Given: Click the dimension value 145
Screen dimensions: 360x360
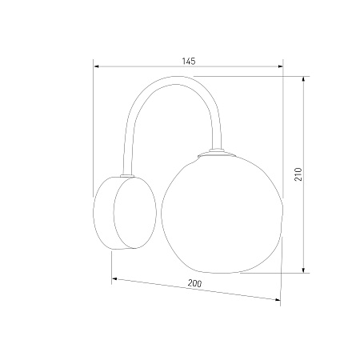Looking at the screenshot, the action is point(189,61).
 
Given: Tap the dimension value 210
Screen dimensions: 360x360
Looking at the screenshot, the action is point(298,174).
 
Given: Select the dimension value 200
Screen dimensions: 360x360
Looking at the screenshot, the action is point(194,283).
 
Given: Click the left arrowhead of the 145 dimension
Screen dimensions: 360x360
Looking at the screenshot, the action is point(97,66).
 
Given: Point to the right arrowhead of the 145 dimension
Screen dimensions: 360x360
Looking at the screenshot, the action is point(280,66).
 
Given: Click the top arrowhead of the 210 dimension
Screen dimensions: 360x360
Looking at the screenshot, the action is point(303,79).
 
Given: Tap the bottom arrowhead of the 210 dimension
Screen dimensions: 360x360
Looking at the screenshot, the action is point(303,270).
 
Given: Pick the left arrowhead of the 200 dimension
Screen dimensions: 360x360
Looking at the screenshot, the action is point(114,279).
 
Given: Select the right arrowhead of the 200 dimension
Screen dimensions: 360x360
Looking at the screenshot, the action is point(278,300).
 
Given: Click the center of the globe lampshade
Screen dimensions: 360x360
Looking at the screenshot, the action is point(222,214).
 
